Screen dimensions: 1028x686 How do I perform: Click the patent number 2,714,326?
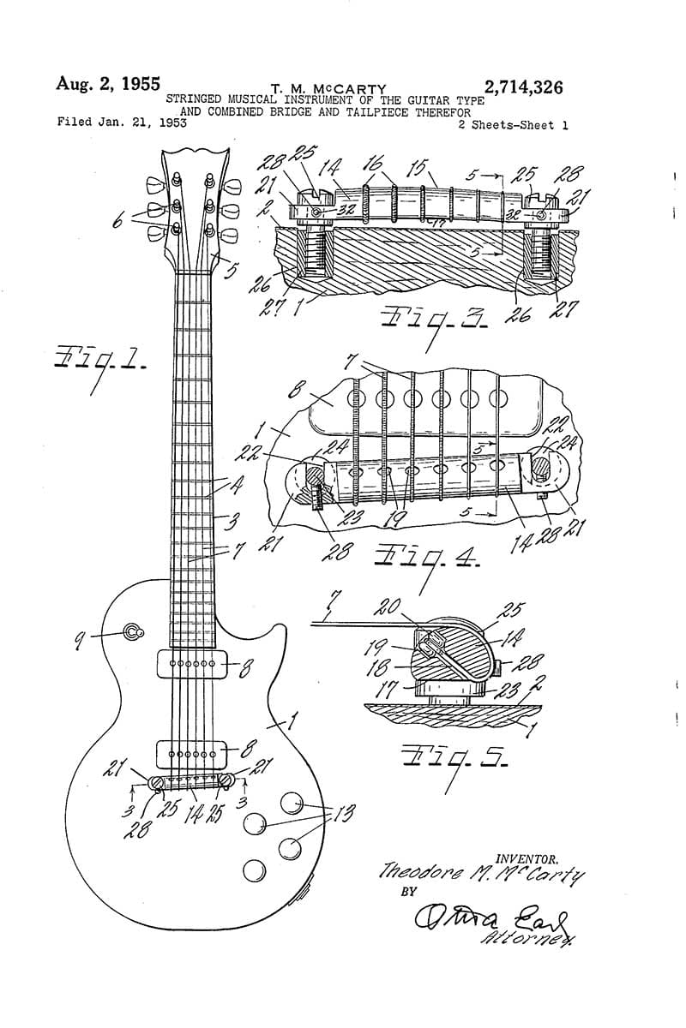click(523, 87)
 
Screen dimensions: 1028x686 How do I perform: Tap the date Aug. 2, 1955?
click(108, 84)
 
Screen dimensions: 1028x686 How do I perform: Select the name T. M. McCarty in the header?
click(328, 88)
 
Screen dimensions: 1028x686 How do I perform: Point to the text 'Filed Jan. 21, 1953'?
click(122, 122)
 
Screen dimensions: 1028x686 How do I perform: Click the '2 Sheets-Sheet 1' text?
click(513, 125)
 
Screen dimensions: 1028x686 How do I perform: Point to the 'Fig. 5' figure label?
click(454, 757)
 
